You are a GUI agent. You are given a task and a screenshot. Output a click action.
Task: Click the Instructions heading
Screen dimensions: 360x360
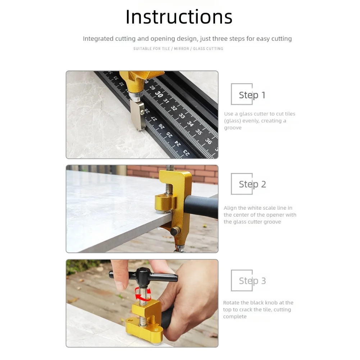pos(179,17)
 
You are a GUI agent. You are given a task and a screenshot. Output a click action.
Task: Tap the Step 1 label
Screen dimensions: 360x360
pos(252,95)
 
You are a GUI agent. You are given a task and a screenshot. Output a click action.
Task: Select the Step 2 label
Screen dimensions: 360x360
pos(252,184)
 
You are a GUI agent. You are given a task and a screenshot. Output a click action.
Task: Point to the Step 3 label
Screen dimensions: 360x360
pos(252,281)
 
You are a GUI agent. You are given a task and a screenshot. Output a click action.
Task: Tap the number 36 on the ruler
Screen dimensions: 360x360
pos(208,141)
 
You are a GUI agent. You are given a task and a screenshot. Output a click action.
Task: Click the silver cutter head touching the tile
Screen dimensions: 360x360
pos(137,115)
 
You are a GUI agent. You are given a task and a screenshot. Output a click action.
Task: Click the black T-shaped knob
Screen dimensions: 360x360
pos(143,276)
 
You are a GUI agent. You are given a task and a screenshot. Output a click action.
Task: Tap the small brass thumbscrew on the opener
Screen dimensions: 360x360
pos(175,231)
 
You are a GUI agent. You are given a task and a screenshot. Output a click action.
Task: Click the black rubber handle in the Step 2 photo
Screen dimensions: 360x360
pos(201,207)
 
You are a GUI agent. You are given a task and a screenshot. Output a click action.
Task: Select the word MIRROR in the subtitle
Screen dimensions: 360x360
pos(181,49)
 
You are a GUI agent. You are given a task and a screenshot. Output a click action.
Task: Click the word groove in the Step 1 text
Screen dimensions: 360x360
pos(233,128)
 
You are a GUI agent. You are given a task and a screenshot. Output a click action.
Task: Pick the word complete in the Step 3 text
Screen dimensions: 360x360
pos(235,316)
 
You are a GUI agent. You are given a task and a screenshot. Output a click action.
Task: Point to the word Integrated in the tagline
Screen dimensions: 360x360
pos(98,38)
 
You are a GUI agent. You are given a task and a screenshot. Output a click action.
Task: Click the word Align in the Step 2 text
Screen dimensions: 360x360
pos(230,208)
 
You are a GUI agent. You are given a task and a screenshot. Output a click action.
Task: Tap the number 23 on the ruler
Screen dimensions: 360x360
pos(186,152)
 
